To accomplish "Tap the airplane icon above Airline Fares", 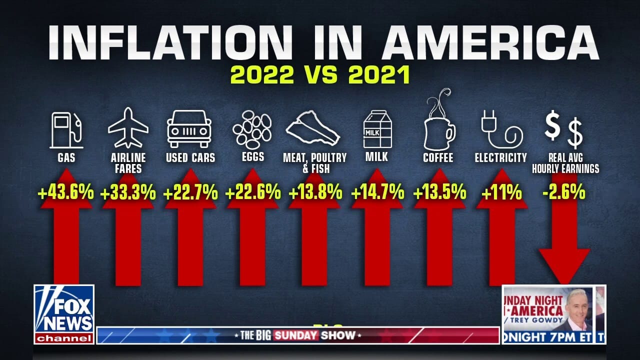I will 128,127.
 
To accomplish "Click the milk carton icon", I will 376,129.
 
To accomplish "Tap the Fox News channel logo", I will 64,314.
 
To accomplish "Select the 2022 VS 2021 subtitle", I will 320,75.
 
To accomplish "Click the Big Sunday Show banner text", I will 298,335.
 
